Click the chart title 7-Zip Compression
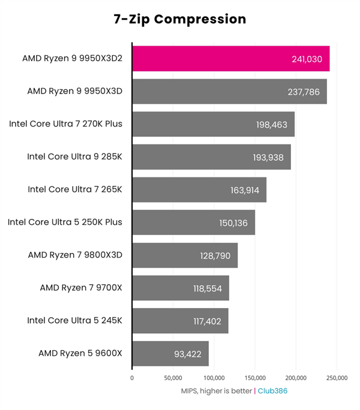click(180, 19)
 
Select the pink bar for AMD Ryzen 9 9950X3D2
click(230, 59)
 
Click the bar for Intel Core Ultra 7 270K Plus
click(213, 125)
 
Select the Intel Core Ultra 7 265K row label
click(75, 189)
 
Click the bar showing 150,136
click(193, 222)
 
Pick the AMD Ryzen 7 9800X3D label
click(75, 255)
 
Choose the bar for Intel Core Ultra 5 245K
click(180, 321)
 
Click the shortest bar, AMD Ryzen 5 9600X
click(170, 354)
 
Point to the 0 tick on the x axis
click(132, 378)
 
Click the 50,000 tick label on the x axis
click(173, 378)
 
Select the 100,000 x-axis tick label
click(214, 378)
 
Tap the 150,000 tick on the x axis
click(255, 378)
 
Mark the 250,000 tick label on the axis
click(337, 378)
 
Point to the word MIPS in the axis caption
click(191, 391)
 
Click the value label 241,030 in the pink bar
click(308, 59)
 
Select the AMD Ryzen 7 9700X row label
click(81, 288)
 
